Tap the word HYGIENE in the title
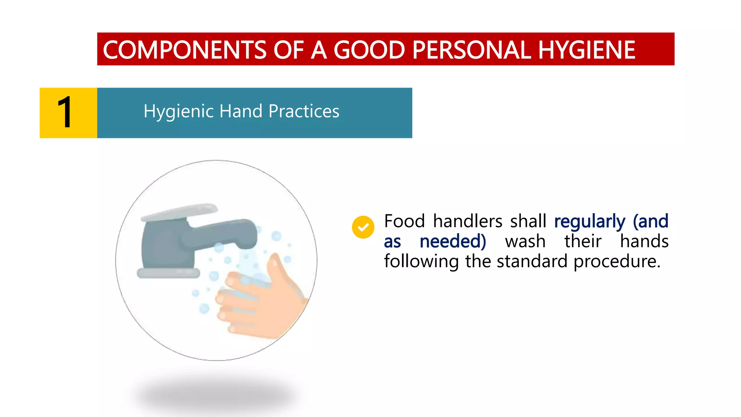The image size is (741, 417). [587, 50]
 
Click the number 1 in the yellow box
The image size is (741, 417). [65, 113]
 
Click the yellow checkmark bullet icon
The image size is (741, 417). [363, 227]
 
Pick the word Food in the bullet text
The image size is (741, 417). [404, 221]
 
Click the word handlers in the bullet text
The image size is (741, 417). [467, 221]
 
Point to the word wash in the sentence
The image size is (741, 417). [525, 241]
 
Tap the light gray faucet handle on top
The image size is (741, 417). [180, 212]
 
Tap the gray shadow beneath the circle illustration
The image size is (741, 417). [217, 396]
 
